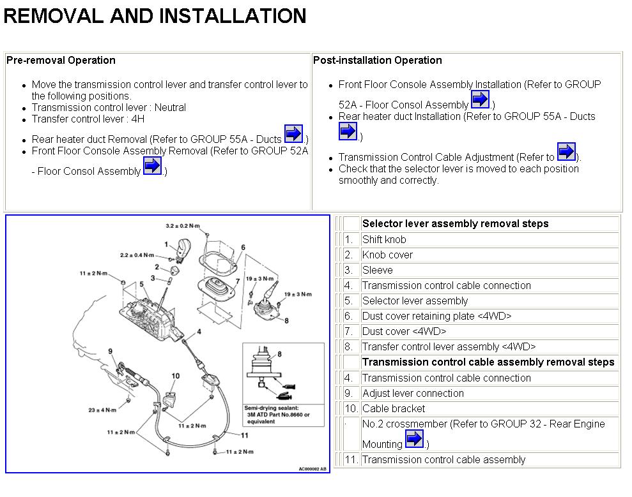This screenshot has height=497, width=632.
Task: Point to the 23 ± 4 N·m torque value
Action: click(102, 410)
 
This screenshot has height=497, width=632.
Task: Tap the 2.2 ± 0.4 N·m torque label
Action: click(137, 255)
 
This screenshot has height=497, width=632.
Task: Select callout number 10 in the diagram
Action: click(175, 376)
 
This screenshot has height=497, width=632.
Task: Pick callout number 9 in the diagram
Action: click(111, 352)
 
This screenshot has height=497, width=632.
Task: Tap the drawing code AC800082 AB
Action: click(312, 469)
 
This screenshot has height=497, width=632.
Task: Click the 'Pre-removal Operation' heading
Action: click(61, 61)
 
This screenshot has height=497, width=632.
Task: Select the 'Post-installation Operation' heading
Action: click(377, 61)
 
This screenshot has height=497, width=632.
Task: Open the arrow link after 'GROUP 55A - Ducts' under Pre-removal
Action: click(293, 134)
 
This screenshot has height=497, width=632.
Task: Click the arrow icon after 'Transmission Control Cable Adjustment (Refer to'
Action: click(566, 152)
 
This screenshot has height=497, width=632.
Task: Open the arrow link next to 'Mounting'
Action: click(414, 439)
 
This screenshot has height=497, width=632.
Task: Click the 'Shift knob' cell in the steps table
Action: click(384, 240)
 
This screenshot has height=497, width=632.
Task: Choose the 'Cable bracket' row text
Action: click(394, 409)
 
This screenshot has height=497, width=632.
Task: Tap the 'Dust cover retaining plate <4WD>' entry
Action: click(436, 316)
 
